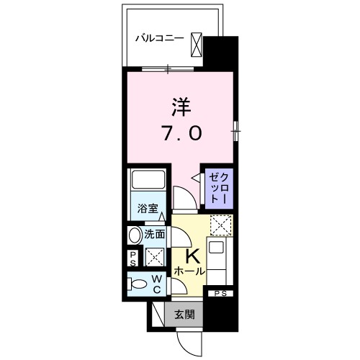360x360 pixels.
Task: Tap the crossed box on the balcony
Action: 197,45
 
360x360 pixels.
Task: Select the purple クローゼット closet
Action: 217,187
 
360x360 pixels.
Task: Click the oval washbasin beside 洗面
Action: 135,235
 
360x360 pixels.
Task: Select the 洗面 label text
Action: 156,235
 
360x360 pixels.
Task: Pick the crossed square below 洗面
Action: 153,258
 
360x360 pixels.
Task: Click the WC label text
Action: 156,284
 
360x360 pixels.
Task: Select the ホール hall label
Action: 189,272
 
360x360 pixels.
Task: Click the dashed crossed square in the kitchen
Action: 220,225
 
